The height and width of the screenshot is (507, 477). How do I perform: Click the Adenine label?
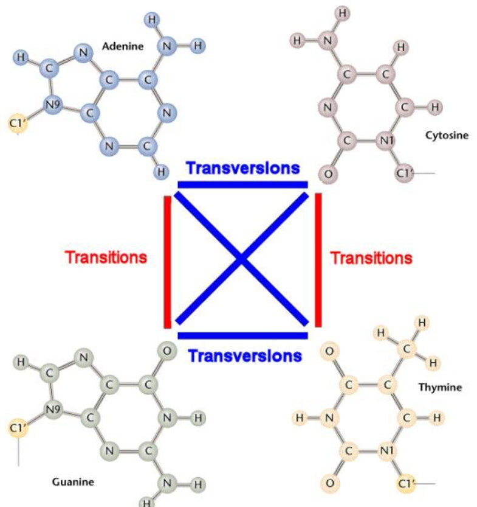point(123,46)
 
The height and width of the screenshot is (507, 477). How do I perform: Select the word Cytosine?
point(447,135)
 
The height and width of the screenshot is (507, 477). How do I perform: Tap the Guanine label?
point(72,482)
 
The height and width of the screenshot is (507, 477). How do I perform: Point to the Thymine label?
point(440,387)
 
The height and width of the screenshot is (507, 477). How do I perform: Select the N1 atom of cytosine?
point(386,141)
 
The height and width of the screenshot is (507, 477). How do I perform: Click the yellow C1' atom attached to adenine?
point(17,124)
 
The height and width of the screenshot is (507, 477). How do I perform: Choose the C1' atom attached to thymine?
point(405,484)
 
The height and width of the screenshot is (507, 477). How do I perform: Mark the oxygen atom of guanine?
point(167,351)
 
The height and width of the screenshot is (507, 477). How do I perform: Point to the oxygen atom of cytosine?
point(328,175)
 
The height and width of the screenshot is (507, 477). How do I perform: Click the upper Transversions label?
point(242,168)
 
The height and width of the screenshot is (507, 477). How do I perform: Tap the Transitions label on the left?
point(106,257)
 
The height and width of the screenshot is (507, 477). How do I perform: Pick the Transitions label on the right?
point(371,257)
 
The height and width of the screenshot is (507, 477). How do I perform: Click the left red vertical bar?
point(168,261)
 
